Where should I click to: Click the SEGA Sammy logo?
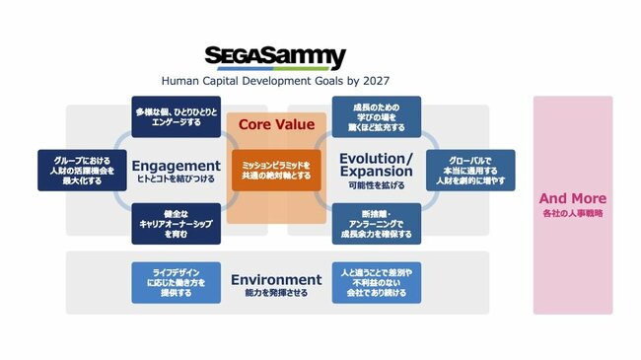275,56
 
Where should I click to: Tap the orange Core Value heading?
276,125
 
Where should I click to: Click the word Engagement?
176,165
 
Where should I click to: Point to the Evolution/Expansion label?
375,165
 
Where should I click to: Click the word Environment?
276,279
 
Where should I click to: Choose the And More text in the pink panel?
574,198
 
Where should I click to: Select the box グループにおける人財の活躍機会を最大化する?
76,170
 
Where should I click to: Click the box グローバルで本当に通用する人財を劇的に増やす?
469,170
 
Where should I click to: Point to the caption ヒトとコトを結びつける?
176,180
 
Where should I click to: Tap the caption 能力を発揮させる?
276,293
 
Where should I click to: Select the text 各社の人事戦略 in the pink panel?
574,214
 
